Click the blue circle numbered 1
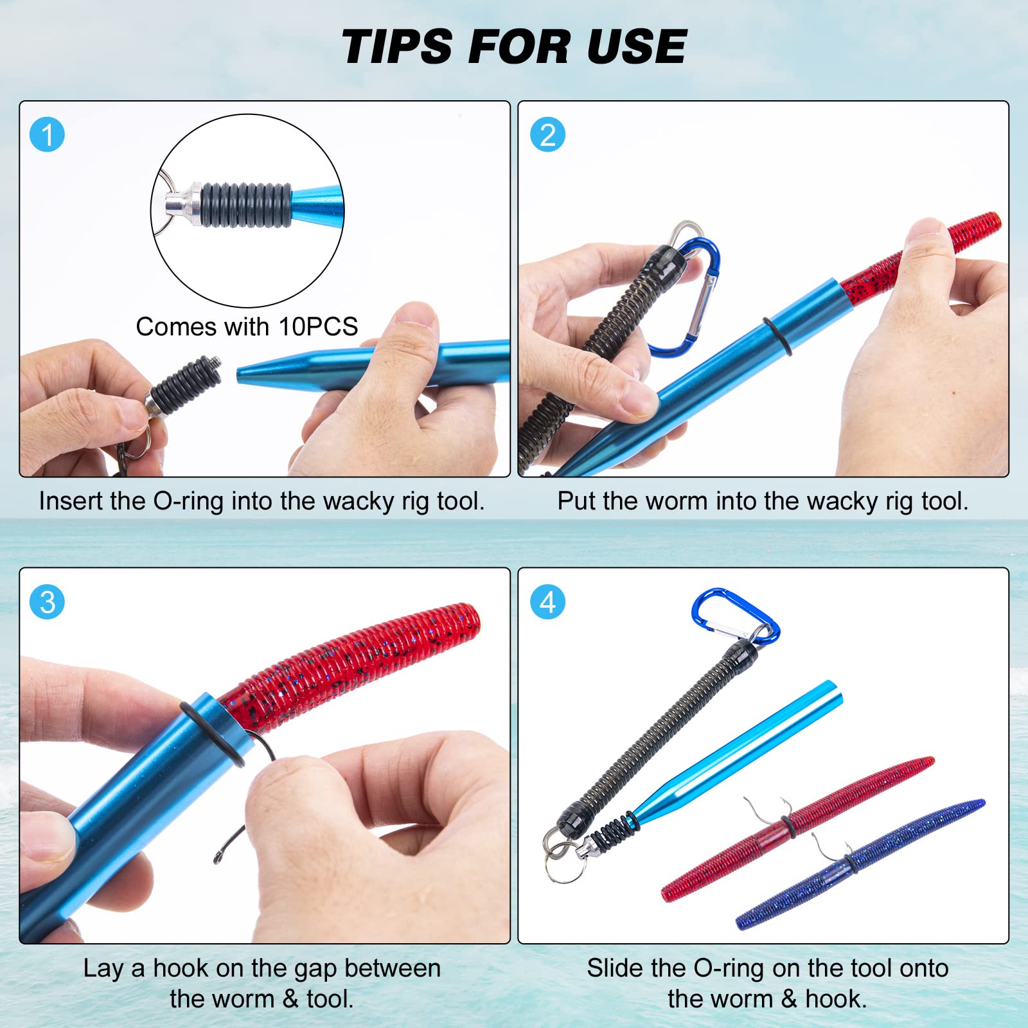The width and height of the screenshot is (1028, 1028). (x=48, y=135)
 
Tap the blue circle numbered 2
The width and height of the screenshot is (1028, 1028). (x=547, y=135)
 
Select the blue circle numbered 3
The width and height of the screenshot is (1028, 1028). (x=48, y=602)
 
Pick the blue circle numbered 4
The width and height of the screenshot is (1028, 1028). (x=547, y=602)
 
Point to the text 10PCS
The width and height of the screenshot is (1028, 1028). (x=318, y=326)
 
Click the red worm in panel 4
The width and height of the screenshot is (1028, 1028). (x=797, y=829)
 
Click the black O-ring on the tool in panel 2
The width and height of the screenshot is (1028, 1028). (x=777, y=335)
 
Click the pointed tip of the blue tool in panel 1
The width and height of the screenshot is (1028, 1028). (x=238, y=373)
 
